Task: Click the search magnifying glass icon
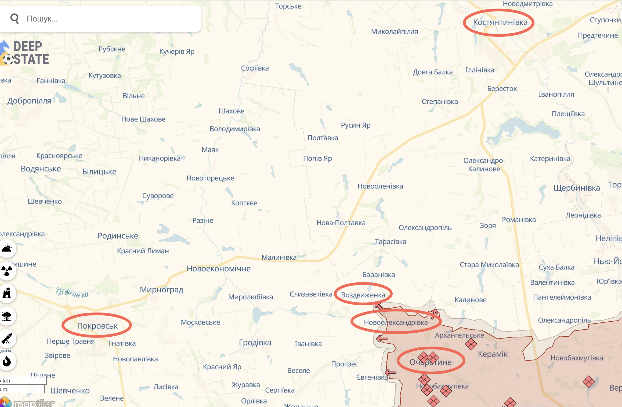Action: tap(15, 19)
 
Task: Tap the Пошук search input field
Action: tap(107, 19)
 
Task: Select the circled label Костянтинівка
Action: tap(500, 22)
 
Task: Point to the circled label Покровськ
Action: tap(97, 326)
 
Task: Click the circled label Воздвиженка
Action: tap(363, 295)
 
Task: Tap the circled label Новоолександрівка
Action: tap(396, 322)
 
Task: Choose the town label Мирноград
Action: tap(161, 289)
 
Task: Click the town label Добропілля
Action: tap(29, 101)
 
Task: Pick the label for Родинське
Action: tap(118, 236)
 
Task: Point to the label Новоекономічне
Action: tap(219, 268)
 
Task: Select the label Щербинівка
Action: tap(577, 188)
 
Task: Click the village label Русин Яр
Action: tap(356, 125)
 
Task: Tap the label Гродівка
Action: tap(255, 343)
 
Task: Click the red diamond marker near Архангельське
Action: tap(471, 344)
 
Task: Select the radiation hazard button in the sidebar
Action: tap(7, 271)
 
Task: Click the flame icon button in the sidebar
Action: tap(7, 361)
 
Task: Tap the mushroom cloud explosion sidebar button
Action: tap(7, 316)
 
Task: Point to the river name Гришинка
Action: tap(72, 293)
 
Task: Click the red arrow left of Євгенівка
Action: tap(390, 373)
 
